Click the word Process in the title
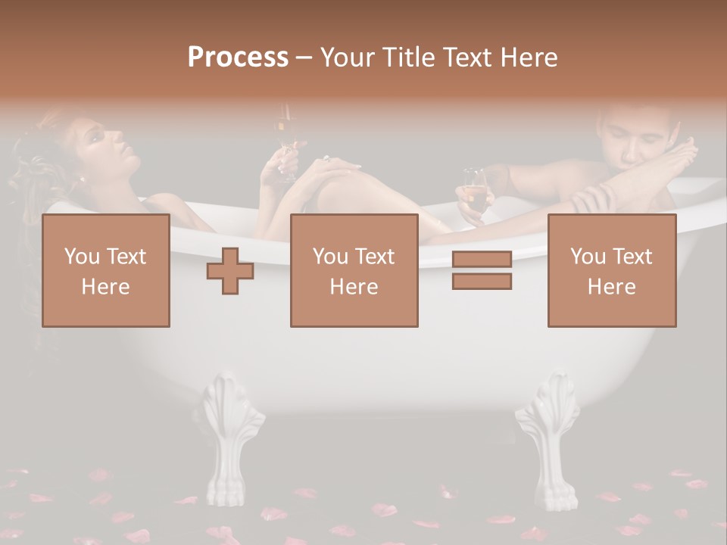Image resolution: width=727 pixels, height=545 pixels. [238, 58]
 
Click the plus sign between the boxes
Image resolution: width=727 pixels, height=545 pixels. [230, 271]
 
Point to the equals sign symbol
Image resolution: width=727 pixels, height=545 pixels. [482, 271]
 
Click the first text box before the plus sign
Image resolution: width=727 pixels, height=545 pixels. [106, 270]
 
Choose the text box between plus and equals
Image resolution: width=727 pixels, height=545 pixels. [354, 270]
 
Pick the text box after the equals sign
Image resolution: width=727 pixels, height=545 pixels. [611, 270]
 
